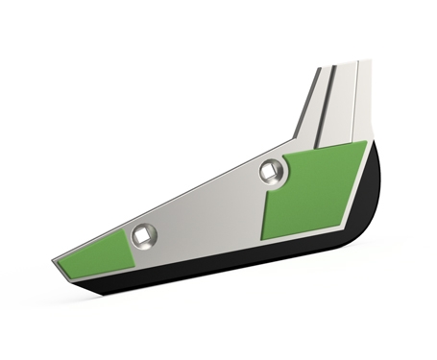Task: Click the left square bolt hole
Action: click(144, 235)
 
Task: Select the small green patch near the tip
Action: click(97, 252)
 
